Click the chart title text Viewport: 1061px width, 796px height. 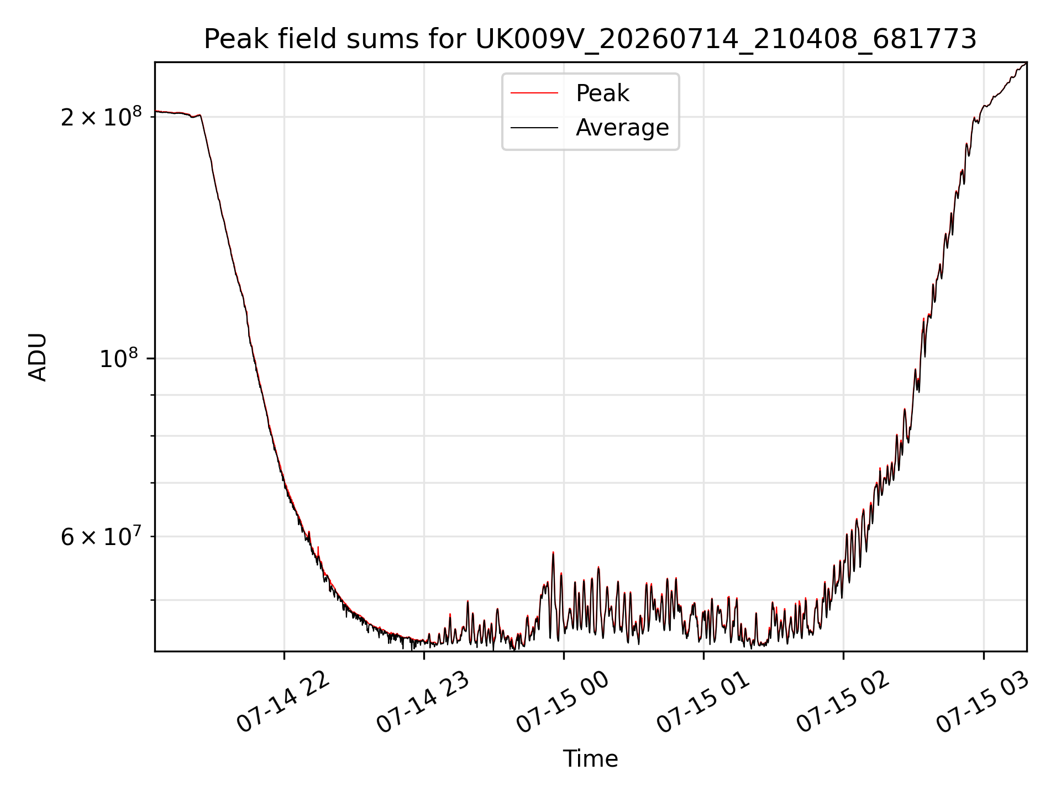coord(590,39)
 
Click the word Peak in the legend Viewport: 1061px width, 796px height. coord(602,93)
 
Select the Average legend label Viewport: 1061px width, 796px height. coord(622,128)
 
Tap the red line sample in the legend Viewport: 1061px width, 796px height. coord(534,93)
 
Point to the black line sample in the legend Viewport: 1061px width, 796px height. coord(534,128)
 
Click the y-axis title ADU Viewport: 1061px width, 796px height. coord(38,357)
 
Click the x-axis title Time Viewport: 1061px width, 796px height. coord(590,758)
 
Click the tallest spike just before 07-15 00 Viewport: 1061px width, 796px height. coord(553,553)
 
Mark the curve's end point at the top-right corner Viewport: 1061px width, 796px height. coord(1026,64)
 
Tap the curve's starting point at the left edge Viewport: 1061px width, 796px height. coord(156,111)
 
